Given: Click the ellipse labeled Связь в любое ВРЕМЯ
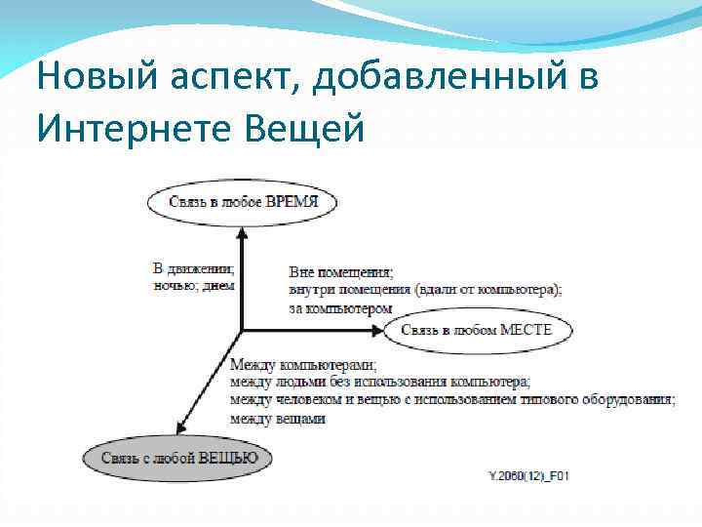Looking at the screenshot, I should [x=242, y=203].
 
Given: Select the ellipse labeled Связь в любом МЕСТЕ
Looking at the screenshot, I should [x=476, y=330].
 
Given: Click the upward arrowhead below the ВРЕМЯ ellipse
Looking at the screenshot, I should [x=241, y=232].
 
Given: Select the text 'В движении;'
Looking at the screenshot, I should [x=194, y=267].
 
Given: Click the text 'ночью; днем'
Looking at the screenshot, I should [x=195, y=284].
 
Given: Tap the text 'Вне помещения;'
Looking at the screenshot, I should [x=341, y=272].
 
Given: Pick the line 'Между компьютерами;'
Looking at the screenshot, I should [x=302, y=365].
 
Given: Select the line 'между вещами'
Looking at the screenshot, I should [x=277, y=418].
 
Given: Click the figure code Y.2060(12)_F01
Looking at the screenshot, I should [x=528, y=475].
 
